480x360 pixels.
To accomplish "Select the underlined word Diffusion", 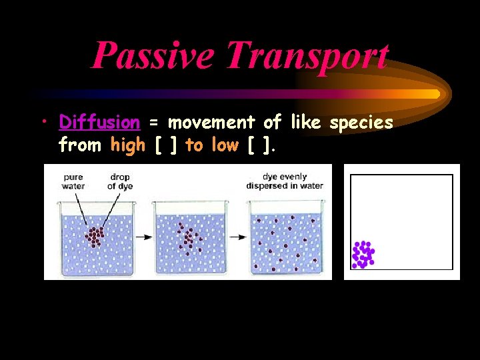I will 99,123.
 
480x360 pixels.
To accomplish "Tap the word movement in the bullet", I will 211,123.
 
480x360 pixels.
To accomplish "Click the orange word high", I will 129,145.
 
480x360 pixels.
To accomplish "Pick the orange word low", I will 225,145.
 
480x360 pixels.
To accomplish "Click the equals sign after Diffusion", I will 153,123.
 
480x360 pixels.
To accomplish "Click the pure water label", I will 73,181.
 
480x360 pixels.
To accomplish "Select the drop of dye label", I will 121,181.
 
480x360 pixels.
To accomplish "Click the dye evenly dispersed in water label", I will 284,181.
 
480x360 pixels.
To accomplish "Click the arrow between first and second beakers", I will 143,237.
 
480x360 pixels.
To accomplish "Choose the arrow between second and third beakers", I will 237,237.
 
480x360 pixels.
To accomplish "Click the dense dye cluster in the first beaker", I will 96,235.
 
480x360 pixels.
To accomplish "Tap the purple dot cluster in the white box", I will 363,254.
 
